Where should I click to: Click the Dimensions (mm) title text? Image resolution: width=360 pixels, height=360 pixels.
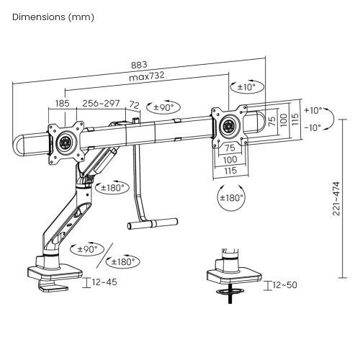(53, 17)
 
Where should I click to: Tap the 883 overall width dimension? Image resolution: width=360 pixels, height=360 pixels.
(139, 65)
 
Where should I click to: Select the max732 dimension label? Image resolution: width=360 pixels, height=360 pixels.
(147, 76)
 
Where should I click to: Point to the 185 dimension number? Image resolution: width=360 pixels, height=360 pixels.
(63, 104)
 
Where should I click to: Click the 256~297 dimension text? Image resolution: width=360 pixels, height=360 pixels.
(101, 104)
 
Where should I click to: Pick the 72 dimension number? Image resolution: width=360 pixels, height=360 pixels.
(135, 105)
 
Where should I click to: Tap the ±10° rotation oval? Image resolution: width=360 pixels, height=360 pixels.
(247, 86)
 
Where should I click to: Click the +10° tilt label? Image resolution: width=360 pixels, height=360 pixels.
(313, 111)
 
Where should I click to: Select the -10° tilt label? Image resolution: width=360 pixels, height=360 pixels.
(312, 127)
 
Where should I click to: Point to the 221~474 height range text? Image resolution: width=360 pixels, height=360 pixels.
(336, 199)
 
